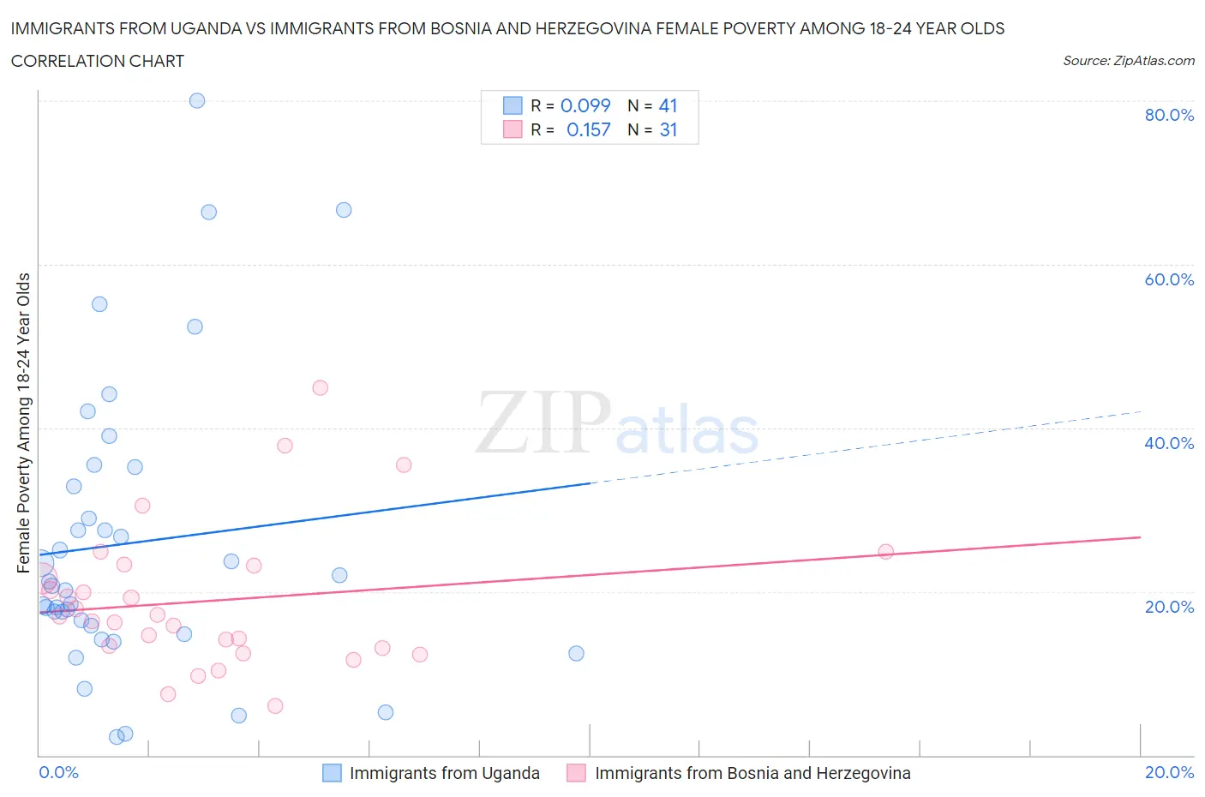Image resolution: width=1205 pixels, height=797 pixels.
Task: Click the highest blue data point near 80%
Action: click(197, 100)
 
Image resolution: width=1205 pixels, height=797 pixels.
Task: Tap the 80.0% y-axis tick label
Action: click(1169, 115)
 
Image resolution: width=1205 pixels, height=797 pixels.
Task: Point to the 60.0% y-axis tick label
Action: click(1169, 279)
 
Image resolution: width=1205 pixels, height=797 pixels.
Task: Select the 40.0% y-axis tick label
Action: click(1169, 443)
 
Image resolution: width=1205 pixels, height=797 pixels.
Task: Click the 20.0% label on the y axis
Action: click(1169, 607)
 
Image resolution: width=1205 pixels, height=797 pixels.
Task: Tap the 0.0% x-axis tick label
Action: click(58, 772)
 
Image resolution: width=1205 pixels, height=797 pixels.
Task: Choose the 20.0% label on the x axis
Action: click(1169, 772)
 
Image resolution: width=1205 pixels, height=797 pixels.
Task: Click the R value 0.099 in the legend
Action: click(585, 105)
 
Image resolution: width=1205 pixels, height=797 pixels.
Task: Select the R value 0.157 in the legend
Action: click(588, 129)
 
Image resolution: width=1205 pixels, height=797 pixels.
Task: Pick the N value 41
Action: click(668, 105)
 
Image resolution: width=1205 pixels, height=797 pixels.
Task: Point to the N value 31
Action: click(668, 129)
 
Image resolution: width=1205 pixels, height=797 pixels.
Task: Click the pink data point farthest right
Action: click(886, 551)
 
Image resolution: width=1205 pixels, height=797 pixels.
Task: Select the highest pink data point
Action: click(321, 387)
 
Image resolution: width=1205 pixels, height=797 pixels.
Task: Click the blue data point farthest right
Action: click(577, 653)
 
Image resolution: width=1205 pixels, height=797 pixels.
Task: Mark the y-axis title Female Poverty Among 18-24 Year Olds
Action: click(23, 422)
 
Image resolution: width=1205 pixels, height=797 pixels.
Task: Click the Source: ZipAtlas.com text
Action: click(1128, 61)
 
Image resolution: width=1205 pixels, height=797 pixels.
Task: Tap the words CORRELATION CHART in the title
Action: click(98, 61)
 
